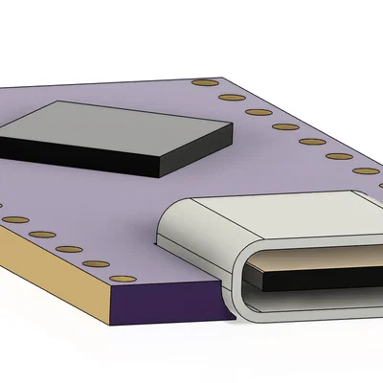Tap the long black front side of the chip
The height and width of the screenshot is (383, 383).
(x=77, y=155)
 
